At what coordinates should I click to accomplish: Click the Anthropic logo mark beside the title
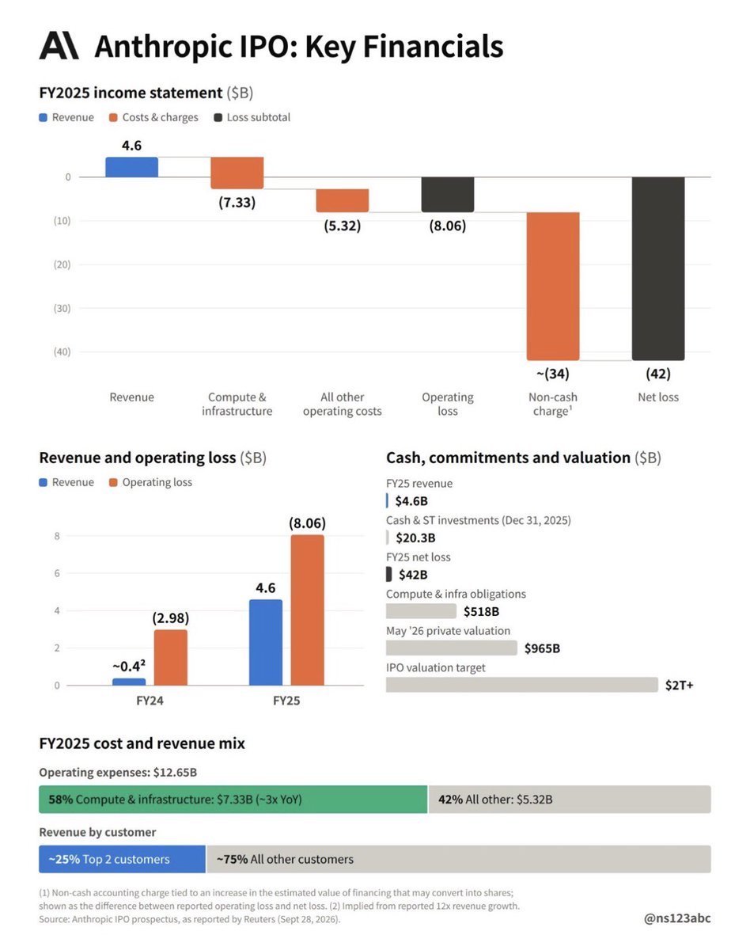[59, 45]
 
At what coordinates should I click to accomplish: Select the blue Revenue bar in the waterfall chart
[131, 167]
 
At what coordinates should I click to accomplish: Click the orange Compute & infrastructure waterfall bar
[237, 173]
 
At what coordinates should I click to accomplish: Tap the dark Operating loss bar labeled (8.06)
[447, 195]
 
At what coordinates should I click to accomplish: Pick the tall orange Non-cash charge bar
[553, 286]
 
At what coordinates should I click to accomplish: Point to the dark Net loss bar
[657, 268]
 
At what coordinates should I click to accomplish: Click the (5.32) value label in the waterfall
[343, 226]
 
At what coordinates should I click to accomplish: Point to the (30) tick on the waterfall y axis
[62, 308]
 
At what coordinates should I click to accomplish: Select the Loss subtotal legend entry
[252, 117]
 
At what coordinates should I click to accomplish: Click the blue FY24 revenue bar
[129, 682]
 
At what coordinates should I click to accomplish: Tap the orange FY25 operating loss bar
[307, 610]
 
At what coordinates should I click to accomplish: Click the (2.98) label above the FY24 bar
[171, 618]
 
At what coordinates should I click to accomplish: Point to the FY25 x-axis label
[286, 701]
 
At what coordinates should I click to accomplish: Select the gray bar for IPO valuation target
[522, 685]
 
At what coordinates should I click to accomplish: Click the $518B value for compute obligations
[481, 611]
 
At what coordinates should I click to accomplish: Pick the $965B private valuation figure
[542, 648]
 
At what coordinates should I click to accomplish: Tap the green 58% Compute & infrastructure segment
[233, 799]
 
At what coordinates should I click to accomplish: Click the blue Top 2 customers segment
[122, 859]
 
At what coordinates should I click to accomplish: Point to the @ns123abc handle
[677, 918]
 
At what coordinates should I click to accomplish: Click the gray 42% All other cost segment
[570, 799]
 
